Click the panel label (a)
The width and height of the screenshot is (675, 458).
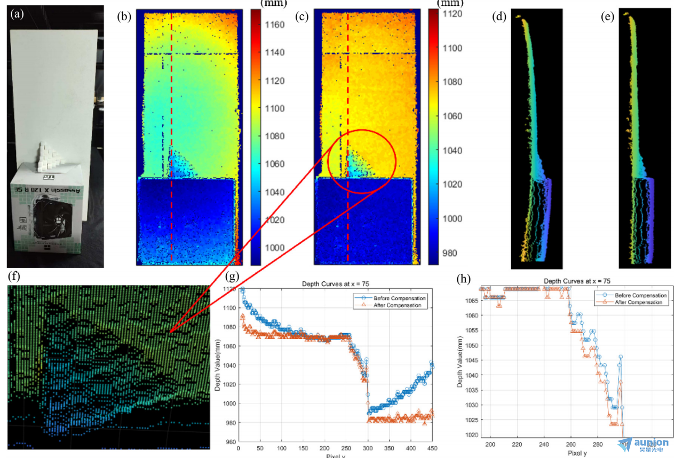(x=17, y=14)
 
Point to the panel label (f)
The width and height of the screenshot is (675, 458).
(x=15, y=277)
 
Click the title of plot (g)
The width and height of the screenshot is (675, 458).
(x=327, y=283)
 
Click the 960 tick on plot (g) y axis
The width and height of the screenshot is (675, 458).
(x=228, y=441)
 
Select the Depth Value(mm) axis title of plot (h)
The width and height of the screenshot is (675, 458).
(x=460, y=364)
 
